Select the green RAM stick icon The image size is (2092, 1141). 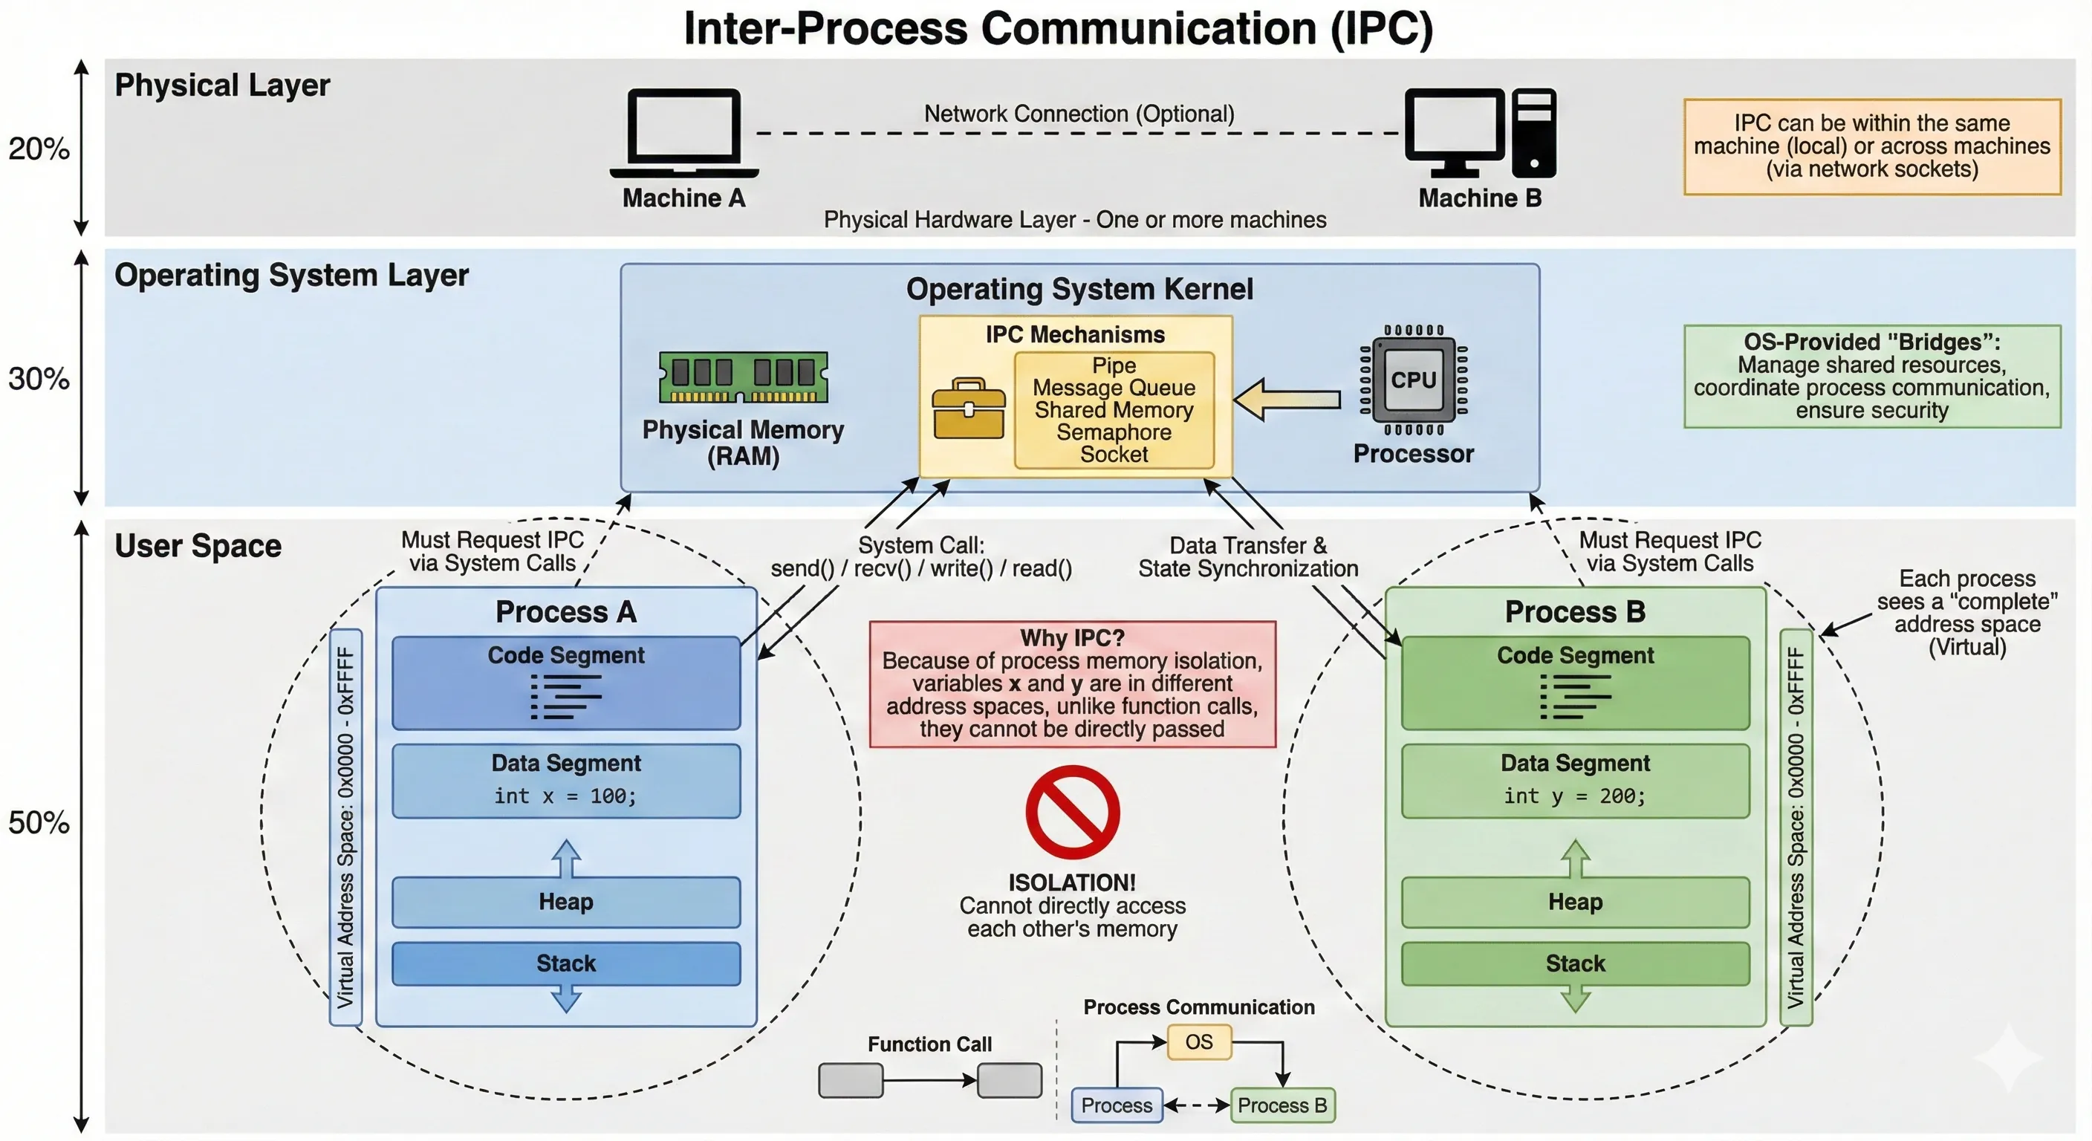point(743,377)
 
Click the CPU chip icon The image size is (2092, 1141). point(1413,380)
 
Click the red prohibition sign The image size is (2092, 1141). point(1072,812)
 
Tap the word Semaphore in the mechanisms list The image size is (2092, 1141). point(1114,432)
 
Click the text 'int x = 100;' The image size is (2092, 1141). point(565,796)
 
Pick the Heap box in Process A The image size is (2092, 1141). point(565,901)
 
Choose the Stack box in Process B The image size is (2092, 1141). point(1575,963)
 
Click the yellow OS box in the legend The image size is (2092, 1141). point(1199,1042)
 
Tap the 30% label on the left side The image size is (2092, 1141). point(38,378)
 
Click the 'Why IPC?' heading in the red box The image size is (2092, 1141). point(1072,637)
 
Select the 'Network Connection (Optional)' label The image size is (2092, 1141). point(1079,114)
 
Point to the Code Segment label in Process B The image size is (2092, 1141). point(1575,655)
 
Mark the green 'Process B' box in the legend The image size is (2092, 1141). point(1282,1105)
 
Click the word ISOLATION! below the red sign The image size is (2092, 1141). point(1072,882)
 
